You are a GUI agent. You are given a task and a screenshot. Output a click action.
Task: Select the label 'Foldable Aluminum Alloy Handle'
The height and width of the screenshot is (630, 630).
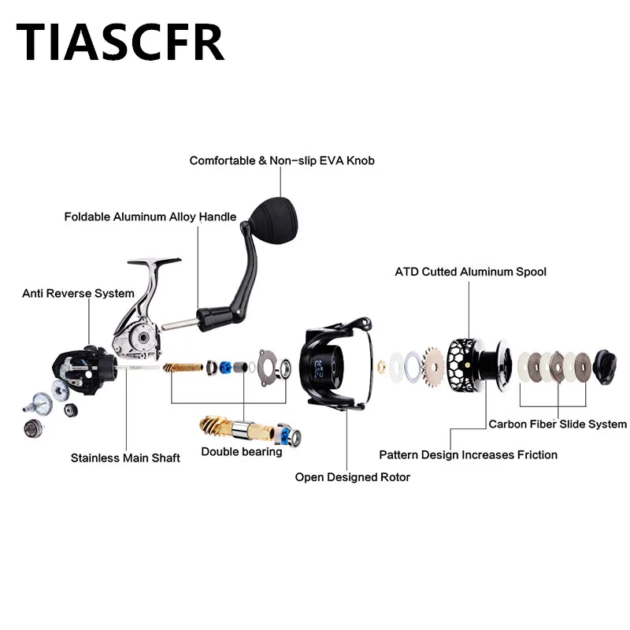click(150, 217)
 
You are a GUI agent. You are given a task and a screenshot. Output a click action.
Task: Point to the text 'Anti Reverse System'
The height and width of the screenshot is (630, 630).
click(78, 294)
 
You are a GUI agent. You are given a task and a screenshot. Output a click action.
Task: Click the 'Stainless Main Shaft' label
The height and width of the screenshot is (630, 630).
click(125, 458)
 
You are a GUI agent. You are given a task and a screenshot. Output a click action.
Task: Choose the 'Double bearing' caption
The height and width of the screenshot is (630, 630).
click(241, 451)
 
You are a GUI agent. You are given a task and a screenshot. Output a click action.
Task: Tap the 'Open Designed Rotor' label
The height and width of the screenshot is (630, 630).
click(352, 476)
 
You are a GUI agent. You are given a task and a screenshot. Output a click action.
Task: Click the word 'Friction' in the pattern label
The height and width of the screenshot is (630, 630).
click(533, 454)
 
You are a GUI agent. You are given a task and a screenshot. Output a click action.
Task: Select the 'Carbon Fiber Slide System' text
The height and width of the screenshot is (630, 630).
click(557, 424)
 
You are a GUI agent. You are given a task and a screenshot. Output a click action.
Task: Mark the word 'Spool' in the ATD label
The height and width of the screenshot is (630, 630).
click(528, 272)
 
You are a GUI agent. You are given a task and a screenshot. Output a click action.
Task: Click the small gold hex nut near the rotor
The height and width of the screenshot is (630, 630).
click(381, 365)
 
